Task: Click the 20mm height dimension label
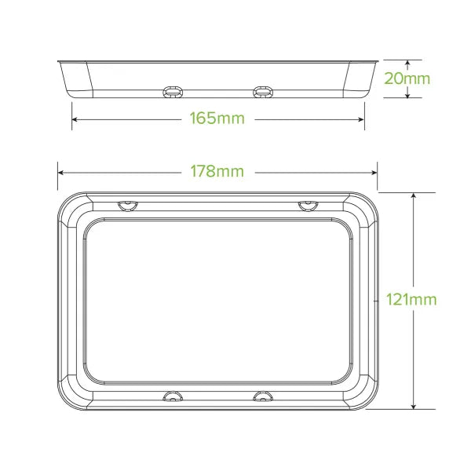tap(408, 78)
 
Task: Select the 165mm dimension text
tap(217, 119)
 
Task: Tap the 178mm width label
tap(217, 171)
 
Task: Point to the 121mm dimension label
tap(411, 299)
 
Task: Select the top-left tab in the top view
tap(126, 206)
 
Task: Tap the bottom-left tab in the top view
tap(170, 394)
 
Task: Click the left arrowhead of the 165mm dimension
tap(75, 119)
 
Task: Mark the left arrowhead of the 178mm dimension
tap(60, 171)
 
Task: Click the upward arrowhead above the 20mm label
tap(408, 63)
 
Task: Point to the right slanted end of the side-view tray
tap(359, 78)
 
